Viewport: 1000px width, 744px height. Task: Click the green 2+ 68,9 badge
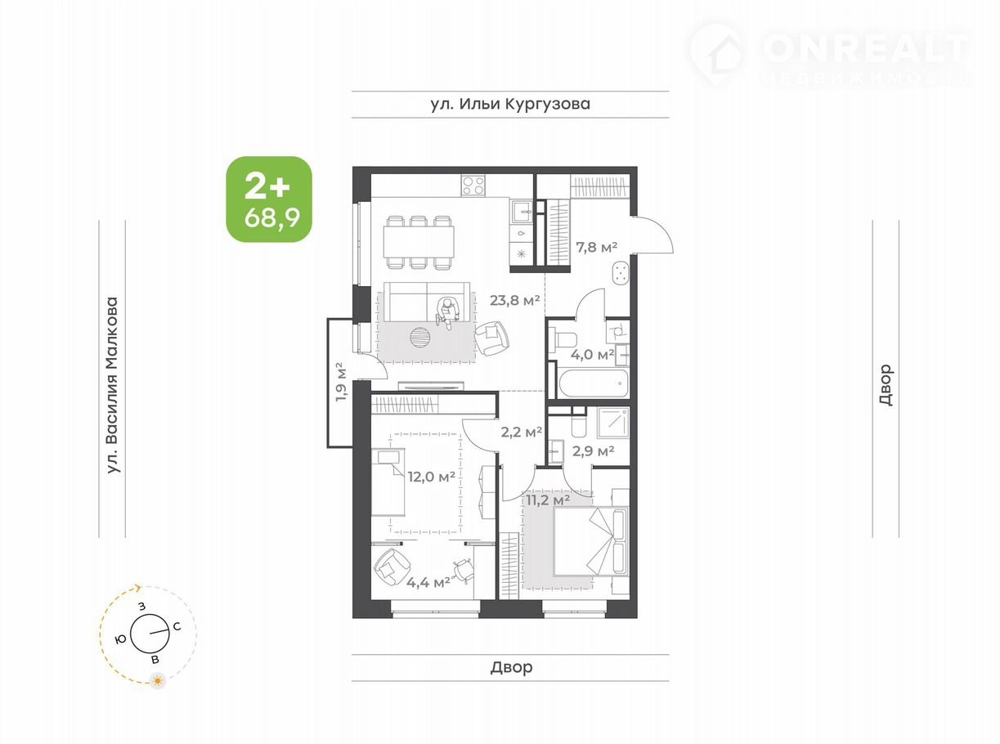(269, 199)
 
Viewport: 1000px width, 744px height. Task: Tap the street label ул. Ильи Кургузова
(510, 104)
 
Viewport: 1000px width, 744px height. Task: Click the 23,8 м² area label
(515, 300)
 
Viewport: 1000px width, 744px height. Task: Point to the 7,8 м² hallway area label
(596, 247)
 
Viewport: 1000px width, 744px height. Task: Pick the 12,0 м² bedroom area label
(432, 476)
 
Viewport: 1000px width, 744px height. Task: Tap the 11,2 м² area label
(548, 500)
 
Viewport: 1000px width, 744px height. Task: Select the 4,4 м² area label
(428, 582)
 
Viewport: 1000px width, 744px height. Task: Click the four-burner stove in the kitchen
(473, 186)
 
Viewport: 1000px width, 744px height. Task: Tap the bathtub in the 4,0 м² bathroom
(593, 383)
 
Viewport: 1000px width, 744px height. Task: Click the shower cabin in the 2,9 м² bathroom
(612, 423)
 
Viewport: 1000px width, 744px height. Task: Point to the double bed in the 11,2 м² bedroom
(590, 541)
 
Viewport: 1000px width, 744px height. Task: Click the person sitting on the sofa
(448, 312)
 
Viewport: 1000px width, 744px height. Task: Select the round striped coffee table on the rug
(420, 337)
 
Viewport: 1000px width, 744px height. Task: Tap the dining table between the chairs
(419, 241)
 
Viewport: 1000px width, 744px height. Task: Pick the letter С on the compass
(177, 626)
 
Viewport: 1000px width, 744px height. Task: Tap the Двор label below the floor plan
(511, 667)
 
